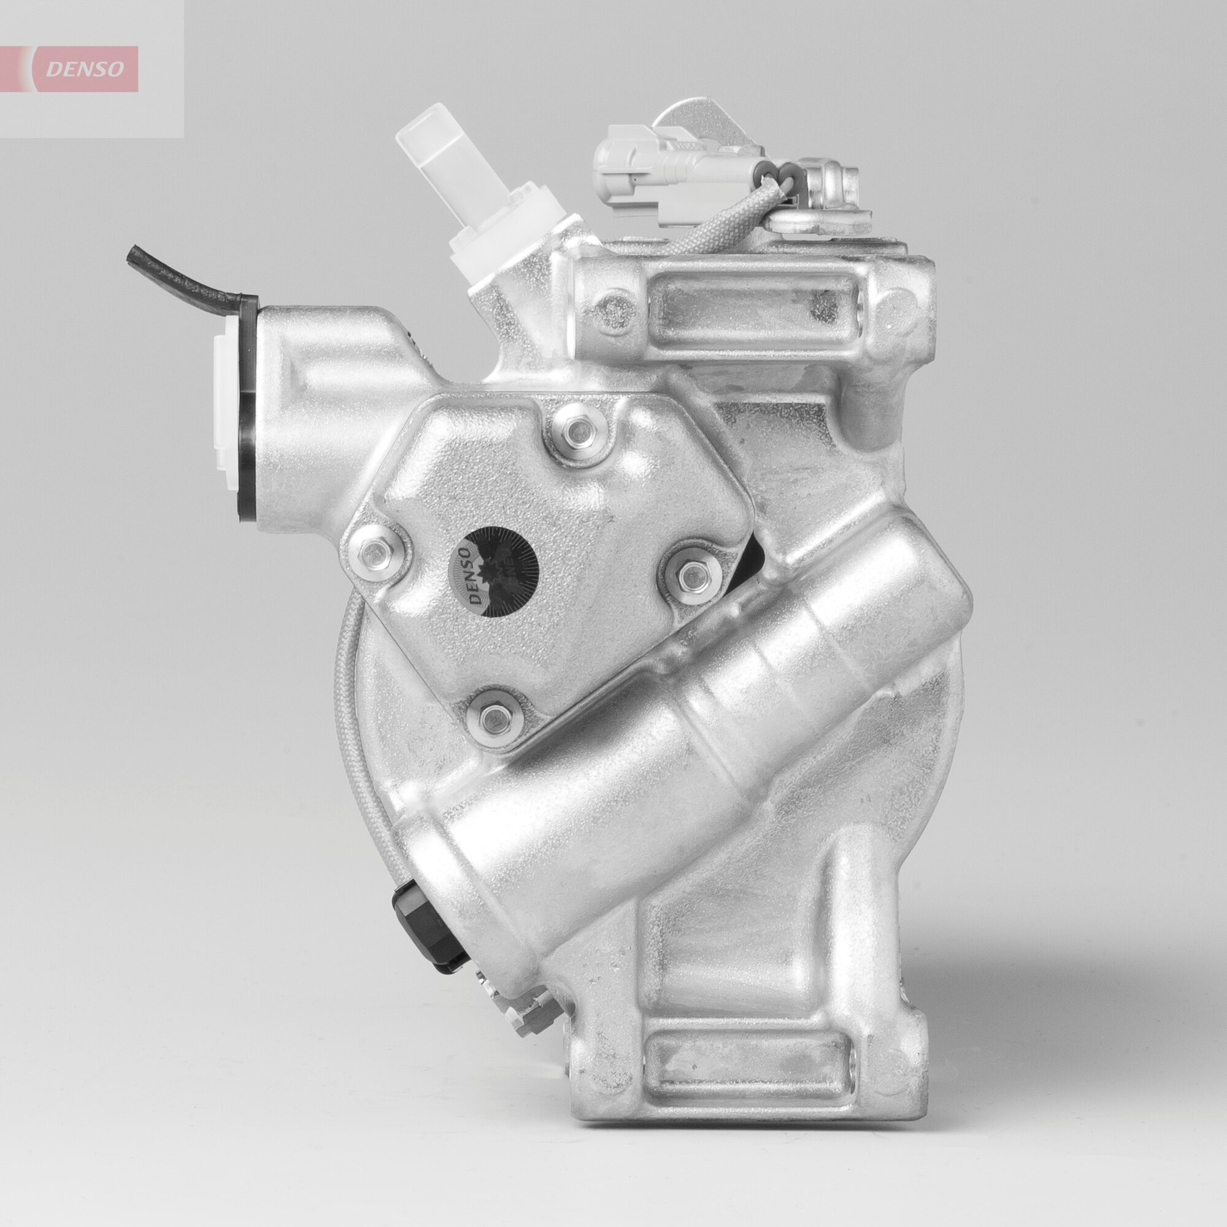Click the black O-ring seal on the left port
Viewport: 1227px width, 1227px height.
point(248,419)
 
